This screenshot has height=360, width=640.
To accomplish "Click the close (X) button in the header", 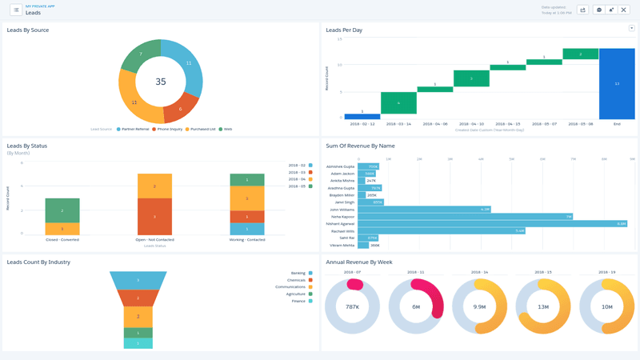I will pyautogui.click(x=624, y=10).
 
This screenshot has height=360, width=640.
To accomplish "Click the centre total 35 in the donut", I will pyautogui.click(x=161, y=82).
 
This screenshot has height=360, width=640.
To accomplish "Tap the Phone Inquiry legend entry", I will pyautogui.click(x=168, y=129).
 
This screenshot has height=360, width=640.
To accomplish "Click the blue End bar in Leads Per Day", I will pyautogui.click(x=617, y=83).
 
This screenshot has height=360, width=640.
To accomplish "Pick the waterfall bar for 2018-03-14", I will pyautogui.click(x=398, y=103).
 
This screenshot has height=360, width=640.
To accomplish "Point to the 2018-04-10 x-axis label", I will pyautogui.click(x=471, y=124).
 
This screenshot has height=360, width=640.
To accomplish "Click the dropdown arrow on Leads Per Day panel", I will pyautogui.click(x=631, y=28).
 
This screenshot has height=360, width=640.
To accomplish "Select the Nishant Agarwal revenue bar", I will pyautogui.click(x=492, y=223).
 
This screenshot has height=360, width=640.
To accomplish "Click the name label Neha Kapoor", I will pyautogui.click(x=342, y=217).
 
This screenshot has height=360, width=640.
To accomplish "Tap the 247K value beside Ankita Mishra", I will pyautogui.click(x=371, y=181).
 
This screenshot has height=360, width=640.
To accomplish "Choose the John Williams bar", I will pyautogui.click(x=424, y=210).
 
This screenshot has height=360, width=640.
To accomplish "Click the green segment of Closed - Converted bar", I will pyautogui.click(x=62, y=210).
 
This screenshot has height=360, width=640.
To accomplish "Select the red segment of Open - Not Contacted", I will pyautogui.click(x=154, y=216).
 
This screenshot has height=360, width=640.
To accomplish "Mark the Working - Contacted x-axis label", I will pyautogui.click(x=246, y=239).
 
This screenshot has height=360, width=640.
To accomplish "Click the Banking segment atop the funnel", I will pyautogui.click(x=138, y=280).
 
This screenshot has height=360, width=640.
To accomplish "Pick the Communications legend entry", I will pyautogui.click(x=290, y=287).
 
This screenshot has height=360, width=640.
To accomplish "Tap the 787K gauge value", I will pyautogui.click(x=352, y=307).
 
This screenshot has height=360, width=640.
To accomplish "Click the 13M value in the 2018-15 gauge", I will pyautogui.click(x=543, y=307).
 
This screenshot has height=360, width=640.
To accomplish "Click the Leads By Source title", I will pyautogui.click(x=28, y=30).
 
